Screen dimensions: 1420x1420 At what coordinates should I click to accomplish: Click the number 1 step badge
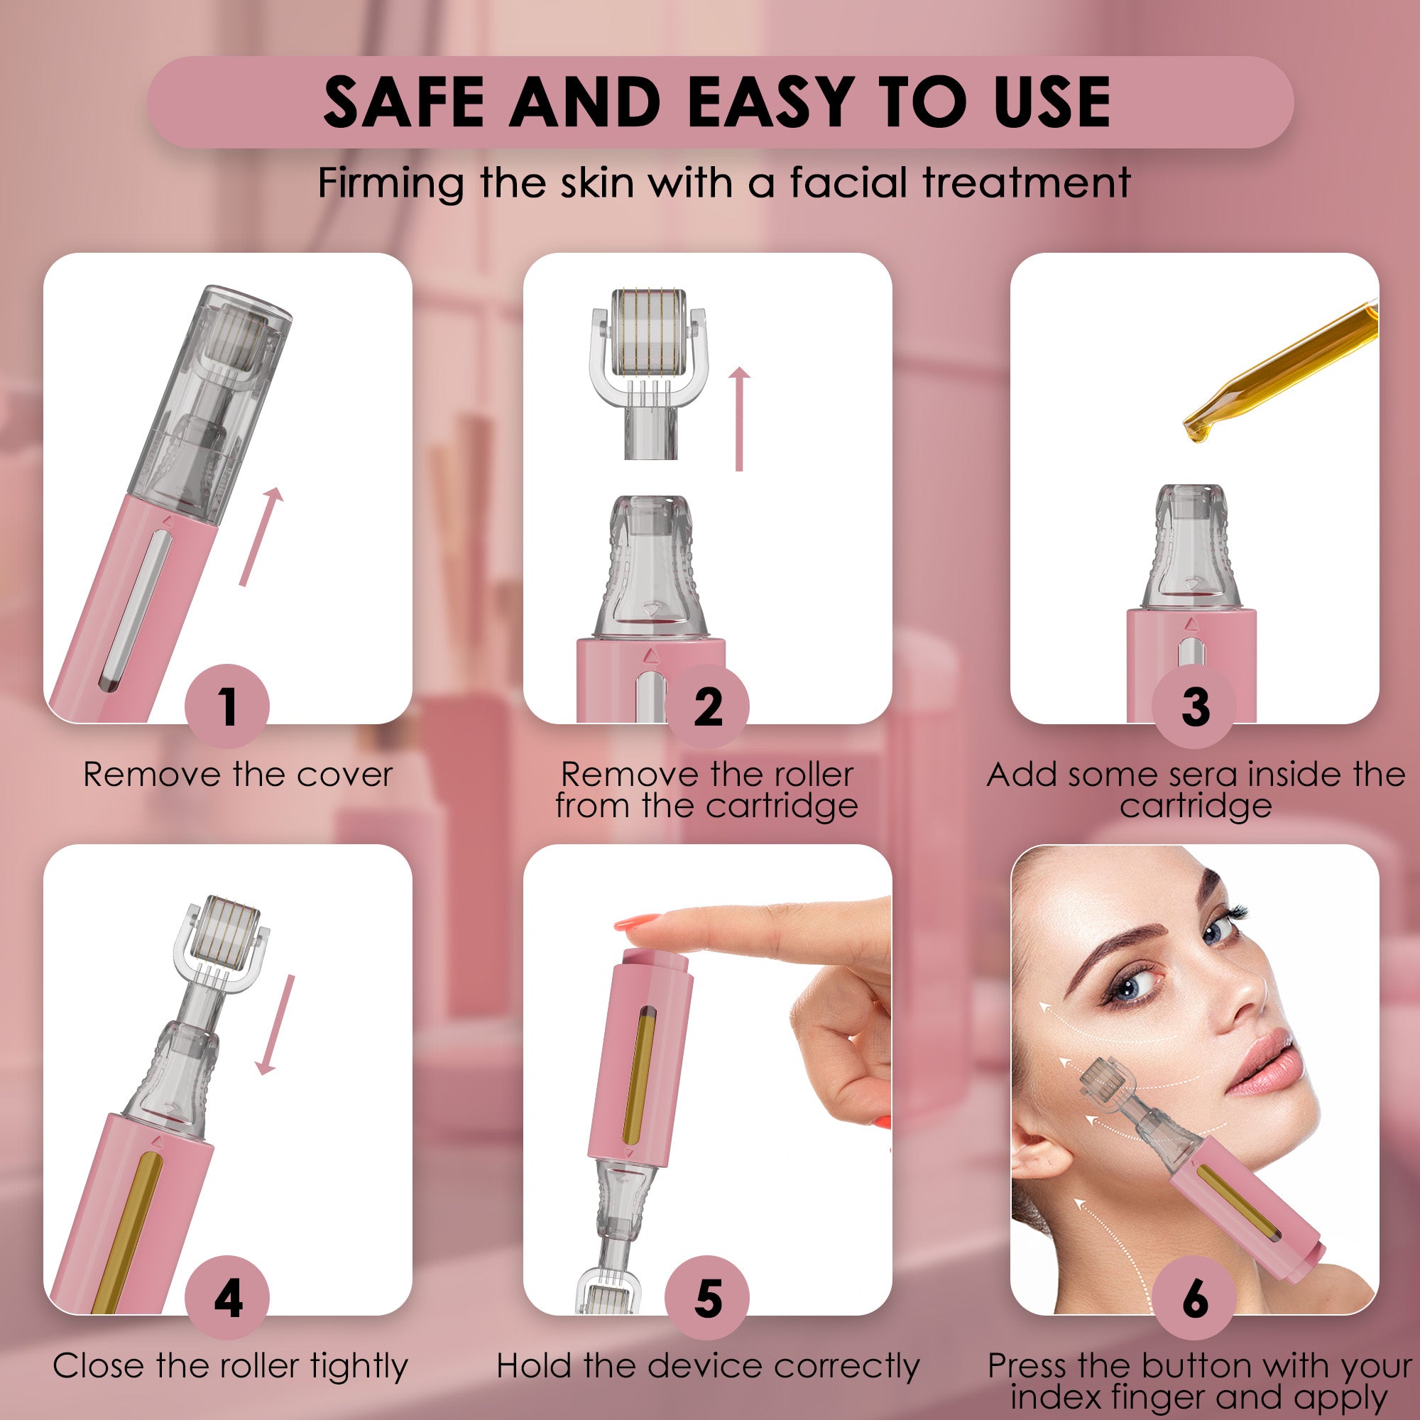pyautogui.click(x=227, y=706)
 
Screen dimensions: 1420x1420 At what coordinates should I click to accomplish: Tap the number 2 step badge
pyautogui.click(x=707, y=706)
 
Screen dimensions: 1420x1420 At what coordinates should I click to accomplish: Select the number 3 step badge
pyautogui.click(x=1194, y=706)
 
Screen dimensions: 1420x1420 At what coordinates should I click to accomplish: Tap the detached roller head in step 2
pyautogui.click(x=643, y=346)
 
